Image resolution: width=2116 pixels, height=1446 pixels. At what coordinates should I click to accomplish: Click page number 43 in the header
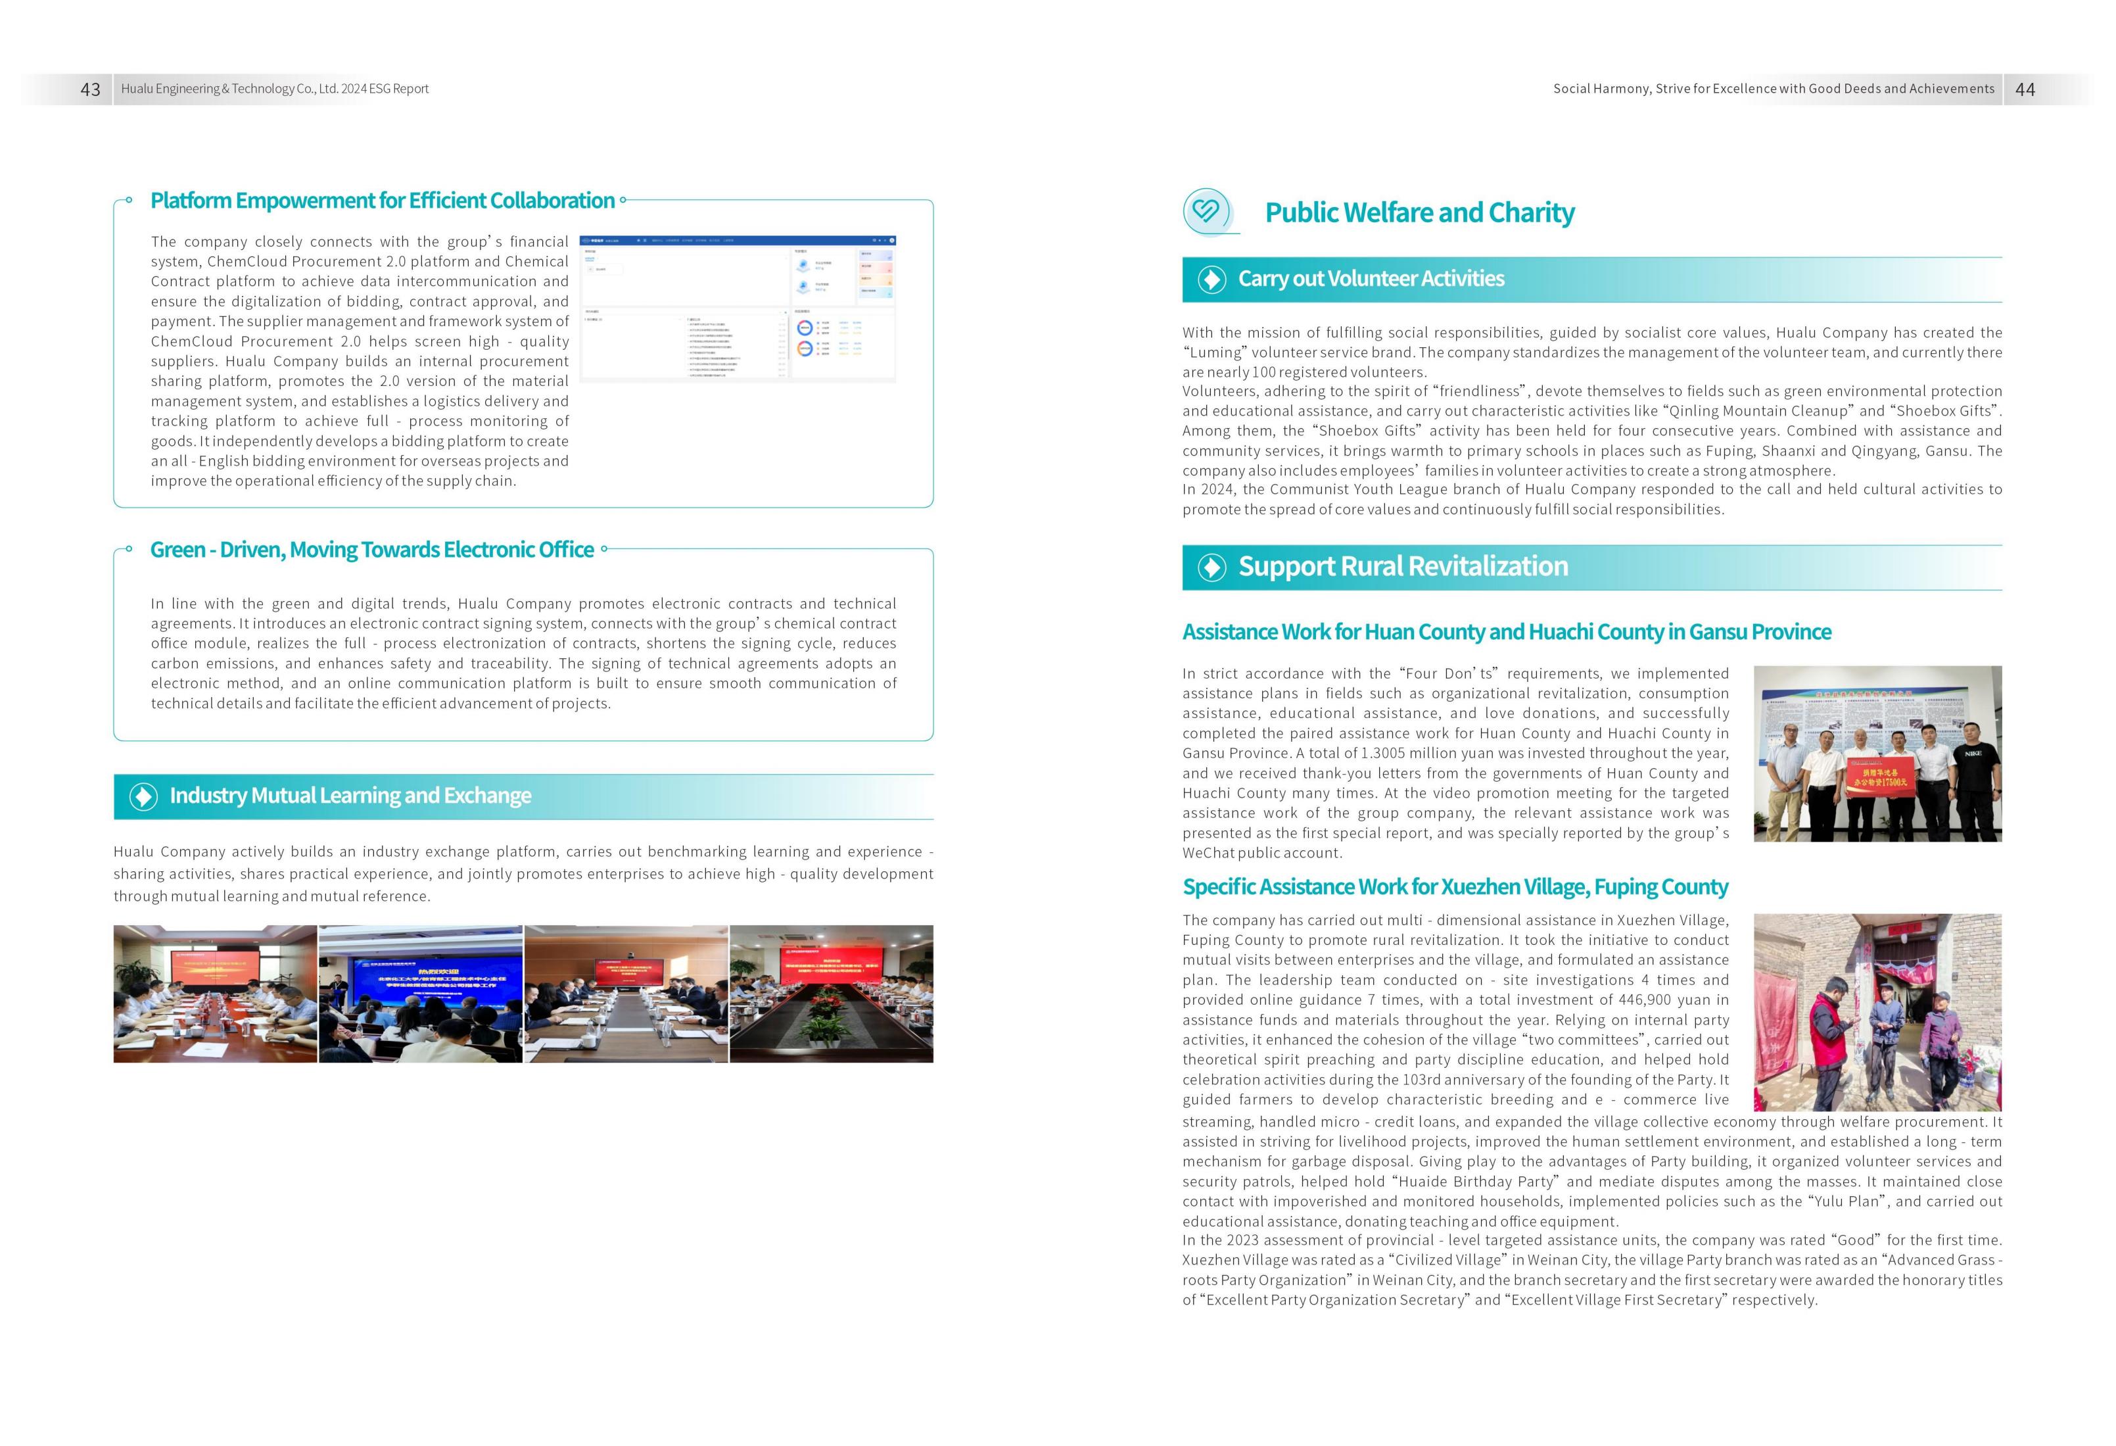click(90, 89)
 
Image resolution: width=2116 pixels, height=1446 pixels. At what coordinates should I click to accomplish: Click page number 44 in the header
click(2025, 89)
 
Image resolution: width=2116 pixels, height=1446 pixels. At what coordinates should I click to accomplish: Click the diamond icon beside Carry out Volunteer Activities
click(1211, 279)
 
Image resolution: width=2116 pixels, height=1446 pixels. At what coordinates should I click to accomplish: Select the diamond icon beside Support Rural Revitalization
click(1211, 567)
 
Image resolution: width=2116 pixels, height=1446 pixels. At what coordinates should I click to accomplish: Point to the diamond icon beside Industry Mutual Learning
click(143, 797)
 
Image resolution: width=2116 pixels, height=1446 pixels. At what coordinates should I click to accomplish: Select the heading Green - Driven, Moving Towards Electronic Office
click(371, 550)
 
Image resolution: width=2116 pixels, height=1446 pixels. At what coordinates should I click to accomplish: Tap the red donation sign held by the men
click(1881, 784)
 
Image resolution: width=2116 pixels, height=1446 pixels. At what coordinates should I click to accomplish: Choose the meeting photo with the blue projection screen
click(421, 994)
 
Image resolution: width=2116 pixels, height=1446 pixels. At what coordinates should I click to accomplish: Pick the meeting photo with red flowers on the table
click(832, 994)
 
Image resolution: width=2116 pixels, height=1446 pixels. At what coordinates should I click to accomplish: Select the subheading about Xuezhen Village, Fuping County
click(1454, 887)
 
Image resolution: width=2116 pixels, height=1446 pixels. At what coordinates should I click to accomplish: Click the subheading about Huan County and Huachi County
click(1506, 632)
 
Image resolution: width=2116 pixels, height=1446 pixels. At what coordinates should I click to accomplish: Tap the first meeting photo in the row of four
click(215, 994)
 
